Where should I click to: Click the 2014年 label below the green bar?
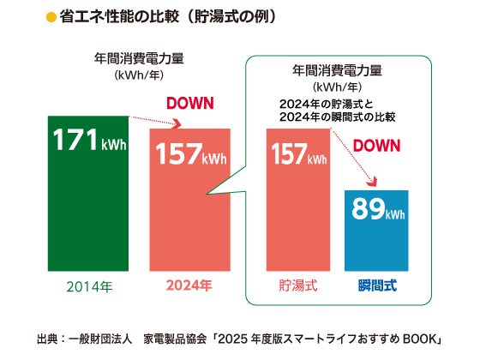pos(88,285)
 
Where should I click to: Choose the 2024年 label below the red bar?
pos(189,285)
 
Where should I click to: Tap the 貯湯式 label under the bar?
pos(298,285)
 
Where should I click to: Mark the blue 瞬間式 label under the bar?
pos(376,285)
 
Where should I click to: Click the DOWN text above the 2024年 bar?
pos(189,105)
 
